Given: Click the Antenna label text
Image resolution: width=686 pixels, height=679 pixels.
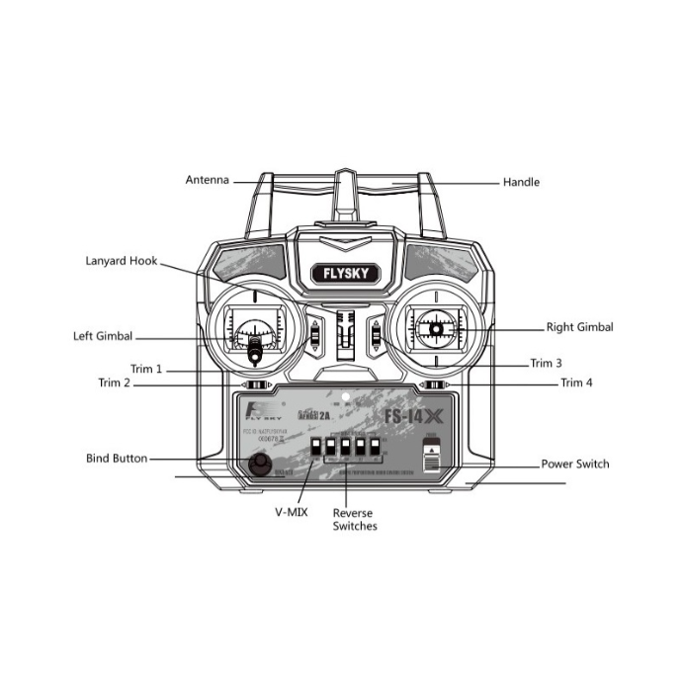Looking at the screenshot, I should pyautogui.click(x=207, y=180).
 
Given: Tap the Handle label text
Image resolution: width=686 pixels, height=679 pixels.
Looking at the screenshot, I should pyautogui.click(x=521, y=182).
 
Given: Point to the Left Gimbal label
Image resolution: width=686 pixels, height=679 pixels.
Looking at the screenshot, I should pyautogui.click(x=103, y=336).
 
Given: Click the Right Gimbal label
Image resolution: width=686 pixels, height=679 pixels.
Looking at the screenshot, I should pyautogui.click(x=579, y=326).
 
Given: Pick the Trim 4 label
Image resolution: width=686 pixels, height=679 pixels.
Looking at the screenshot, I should pyautogui.click(x=576, y=382).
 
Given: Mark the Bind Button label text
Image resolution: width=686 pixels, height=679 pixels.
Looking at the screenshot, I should pyautogui.click(x=116, y=459).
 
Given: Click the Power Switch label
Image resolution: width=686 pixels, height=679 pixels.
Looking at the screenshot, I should pyautogui.click(x=574, y=464).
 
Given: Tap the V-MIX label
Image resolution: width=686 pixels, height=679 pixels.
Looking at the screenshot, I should pyautogui.click(x=291, y=512).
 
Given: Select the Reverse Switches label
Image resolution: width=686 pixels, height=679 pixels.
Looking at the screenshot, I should pyautogui.click(x=354, y=520).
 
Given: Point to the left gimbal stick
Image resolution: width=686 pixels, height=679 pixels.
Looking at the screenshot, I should pyautogui.click(x=255, y=343).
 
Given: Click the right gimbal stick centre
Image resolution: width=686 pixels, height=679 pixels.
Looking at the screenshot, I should pyautogui.click(x=434, y=325).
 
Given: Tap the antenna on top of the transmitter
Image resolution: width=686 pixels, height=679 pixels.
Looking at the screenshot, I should pyautogui.click(x=343, y=198).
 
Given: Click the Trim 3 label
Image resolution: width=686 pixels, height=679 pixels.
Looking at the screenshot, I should pyautogui.click(x=546, y=363).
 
